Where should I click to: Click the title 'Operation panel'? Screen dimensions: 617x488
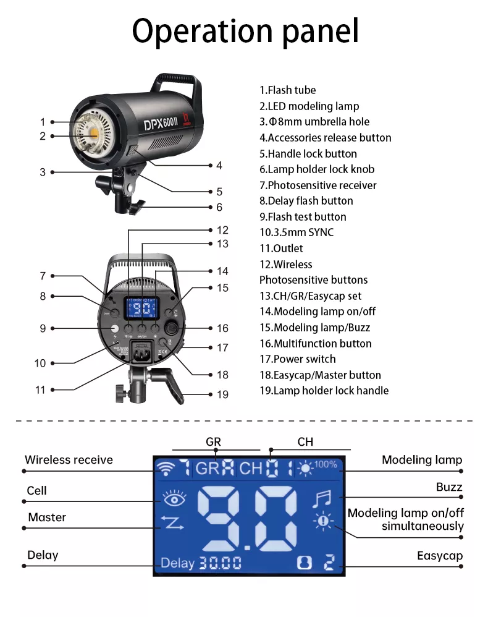pyautogui.click(x=245, y=30)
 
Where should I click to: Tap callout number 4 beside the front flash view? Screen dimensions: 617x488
pyautogui.click(x=219, y=166)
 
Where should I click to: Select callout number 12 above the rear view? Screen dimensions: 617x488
pyautogui.click(x=222, y=230)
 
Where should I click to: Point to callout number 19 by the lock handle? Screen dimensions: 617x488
pyautogui.click(x=222, y=394)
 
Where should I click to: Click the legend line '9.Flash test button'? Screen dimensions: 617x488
pyautogui.click(x=303, y=217)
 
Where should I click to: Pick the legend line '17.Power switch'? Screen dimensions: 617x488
pyautogui.click(x=298, y=359)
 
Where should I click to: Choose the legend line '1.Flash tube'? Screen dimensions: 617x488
pyautogui.click(x=287, y=90)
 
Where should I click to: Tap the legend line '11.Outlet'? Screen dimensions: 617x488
pyautogui.click(x=281, y=249)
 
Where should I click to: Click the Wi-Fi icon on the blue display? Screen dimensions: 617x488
pyautogui.click(x=166, y=468)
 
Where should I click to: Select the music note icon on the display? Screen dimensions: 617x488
pyautogui.click(x=322, y=498)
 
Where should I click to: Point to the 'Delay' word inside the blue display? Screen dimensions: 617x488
pyautogui.click(x=177, y=563)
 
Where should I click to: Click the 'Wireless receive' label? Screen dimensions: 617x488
pyautogui.click(x=69, y=460)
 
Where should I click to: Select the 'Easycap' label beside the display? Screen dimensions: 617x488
pyautogui.click(x=439, y=556)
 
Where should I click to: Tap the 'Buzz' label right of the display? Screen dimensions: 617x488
pyautogui.click(x=449, y=487)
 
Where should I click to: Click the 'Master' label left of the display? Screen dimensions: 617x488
pyautogui.click(x=47, y=517)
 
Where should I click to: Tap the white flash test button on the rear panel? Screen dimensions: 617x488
pyautogui.click(x=114, y=328)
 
